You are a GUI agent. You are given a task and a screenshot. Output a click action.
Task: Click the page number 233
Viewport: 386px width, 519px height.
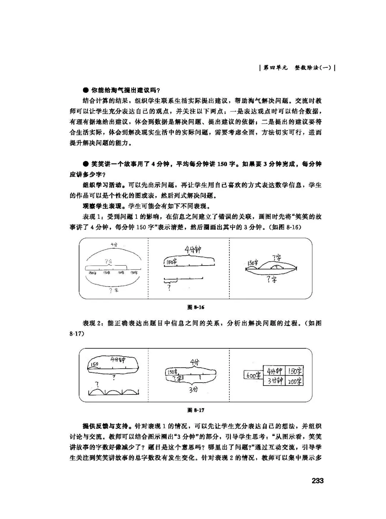pyautogui.click(x=317, y=481)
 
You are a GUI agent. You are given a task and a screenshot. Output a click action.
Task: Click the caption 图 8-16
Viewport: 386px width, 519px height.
pyautogui.click(x=196, y=307)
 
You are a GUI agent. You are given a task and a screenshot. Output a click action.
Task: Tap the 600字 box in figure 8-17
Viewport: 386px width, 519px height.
pyautogui.click(x=253, y=375)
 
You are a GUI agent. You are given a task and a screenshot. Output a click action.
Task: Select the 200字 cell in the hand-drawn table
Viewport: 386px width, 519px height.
pyautogui.click(x=295, y=381)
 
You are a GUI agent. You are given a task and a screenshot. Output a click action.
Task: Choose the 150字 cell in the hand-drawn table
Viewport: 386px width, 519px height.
pyautogui.click(x=295, y=371)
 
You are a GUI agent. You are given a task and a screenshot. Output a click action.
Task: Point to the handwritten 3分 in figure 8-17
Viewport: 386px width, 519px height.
pyautogui.click(x=193, y=390)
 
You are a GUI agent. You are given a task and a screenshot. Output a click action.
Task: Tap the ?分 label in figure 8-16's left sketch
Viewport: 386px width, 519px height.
pyautogui.click(x=108, y=262)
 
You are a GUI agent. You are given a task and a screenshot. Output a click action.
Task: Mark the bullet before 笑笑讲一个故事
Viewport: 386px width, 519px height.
pyautogui.click(x=85, y=164)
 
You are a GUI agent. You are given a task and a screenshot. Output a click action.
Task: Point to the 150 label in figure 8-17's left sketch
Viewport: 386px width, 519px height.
pyautogui.click(x=94, y=364)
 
